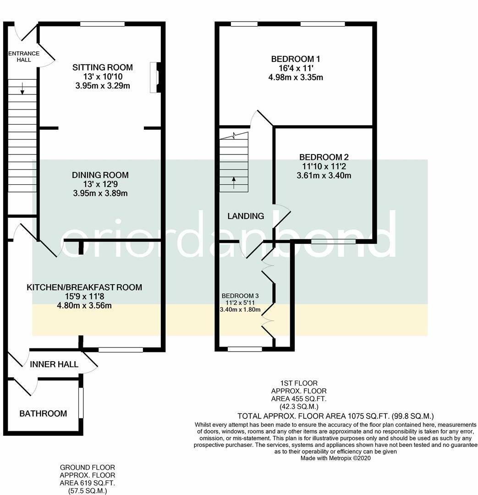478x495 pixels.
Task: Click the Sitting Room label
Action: pyautogui.click(x=103, y=67)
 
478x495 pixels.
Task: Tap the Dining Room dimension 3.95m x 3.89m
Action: pyautogui.click(x=100, y=193)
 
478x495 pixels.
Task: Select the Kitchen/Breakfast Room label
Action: pyautogui.click(x=84, y=287)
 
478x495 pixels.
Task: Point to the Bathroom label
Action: pyautogui.click(x=43, y=413)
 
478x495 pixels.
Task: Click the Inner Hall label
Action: pyautogui.click(x=54, y=364)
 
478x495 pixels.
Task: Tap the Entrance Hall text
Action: pyautogui.click(x=24, y=56)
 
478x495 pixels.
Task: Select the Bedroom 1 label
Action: pyautogui.click(x=296, y=59)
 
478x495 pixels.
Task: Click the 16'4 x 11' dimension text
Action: pyautogui.click(x=296, y=68)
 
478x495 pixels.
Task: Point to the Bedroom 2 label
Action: pyautogui.click(x=324, y=157)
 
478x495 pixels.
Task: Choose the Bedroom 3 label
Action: pyautogui.click(x=240, y=296)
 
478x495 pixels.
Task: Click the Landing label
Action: pyautogui.click(x=246, y=216)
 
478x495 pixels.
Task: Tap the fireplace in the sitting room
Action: pyautogui.click(x=155, y=77)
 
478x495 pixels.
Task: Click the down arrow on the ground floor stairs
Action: pyautogui.click(x=22, y=88)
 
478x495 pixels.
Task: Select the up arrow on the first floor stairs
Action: pyautogui.click(x=234, y=183)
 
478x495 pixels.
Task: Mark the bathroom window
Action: pyautogui.click(x=81, y=402)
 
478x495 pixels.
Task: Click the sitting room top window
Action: pyautogui.click(x=102, y=24)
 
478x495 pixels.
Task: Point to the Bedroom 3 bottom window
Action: pyautogui.click(x=245, y=349)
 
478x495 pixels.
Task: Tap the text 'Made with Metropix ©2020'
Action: pyautogui.click(x=335, y=458)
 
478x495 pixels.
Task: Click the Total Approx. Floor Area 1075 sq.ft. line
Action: pyautogui.click(x=335, y=416)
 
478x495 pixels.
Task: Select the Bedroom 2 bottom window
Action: pyautogui.click(x=333, y=242)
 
